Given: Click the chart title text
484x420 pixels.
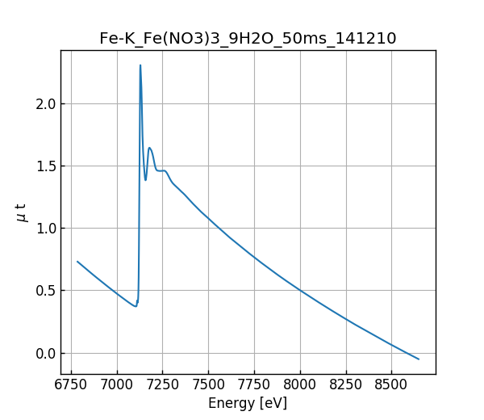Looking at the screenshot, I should point(248,38).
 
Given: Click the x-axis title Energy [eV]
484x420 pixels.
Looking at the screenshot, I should point(248,403).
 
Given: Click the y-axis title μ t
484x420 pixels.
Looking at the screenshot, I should point(22,212).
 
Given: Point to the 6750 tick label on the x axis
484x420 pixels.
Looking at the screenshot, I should point(71,385).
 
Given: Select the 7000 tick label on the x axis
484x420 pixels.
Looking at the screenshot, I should point(117,385).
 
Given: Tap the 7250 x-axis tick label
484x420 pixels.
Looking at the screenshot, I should point(162,385).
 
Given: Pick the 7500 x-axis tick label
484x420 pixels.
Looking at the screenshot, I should point(208,385).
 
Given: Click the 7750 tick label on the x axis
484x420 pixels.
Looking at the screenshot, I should point(254,385).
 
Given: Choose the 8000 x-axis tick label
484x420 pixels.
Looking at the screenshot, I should point(299,385).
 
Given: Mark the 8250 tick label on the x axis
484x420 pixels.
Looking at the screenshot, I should point(345,385).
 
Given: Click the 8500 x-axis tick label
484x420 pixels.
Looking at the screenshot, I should point(391,385).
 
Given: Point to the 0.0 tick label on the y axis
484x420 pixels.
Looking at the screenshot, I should point(45,354).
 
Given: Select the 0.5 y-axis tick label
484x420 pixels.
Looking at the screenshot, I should point(45,291).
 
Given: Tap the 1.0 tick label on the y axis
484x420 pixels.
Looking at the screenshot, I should point(45,229).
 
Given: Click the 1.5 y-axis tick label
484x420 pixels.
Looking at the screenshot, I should point(45,166).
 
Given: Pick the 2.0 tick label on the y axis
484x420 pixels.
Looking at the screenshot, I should point(45,103).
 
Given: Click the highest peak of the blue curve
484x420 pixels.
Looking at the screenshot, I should point(140,65).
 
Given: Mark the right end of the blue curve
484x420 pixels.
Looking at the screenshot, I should point(419,359).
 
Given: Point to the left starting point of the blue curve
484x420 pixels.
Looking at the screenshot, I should point(77,261).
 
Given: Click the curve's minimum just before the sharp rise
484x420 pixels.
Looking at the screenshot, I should point(136,306).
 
